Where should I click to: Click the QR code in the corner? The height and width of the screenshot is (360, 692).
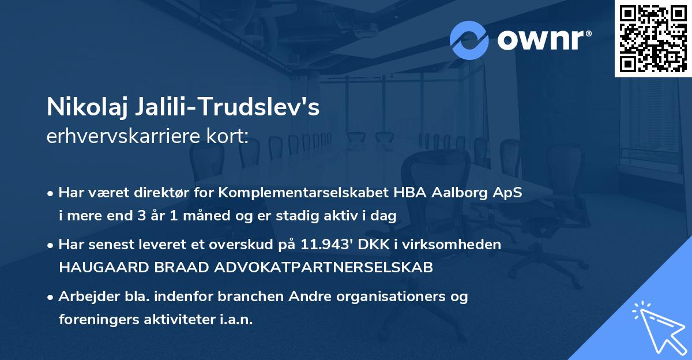(x=653, y=39)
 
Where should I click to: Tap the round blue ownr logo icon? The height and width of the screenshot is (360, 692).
(x=469, y=40)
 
